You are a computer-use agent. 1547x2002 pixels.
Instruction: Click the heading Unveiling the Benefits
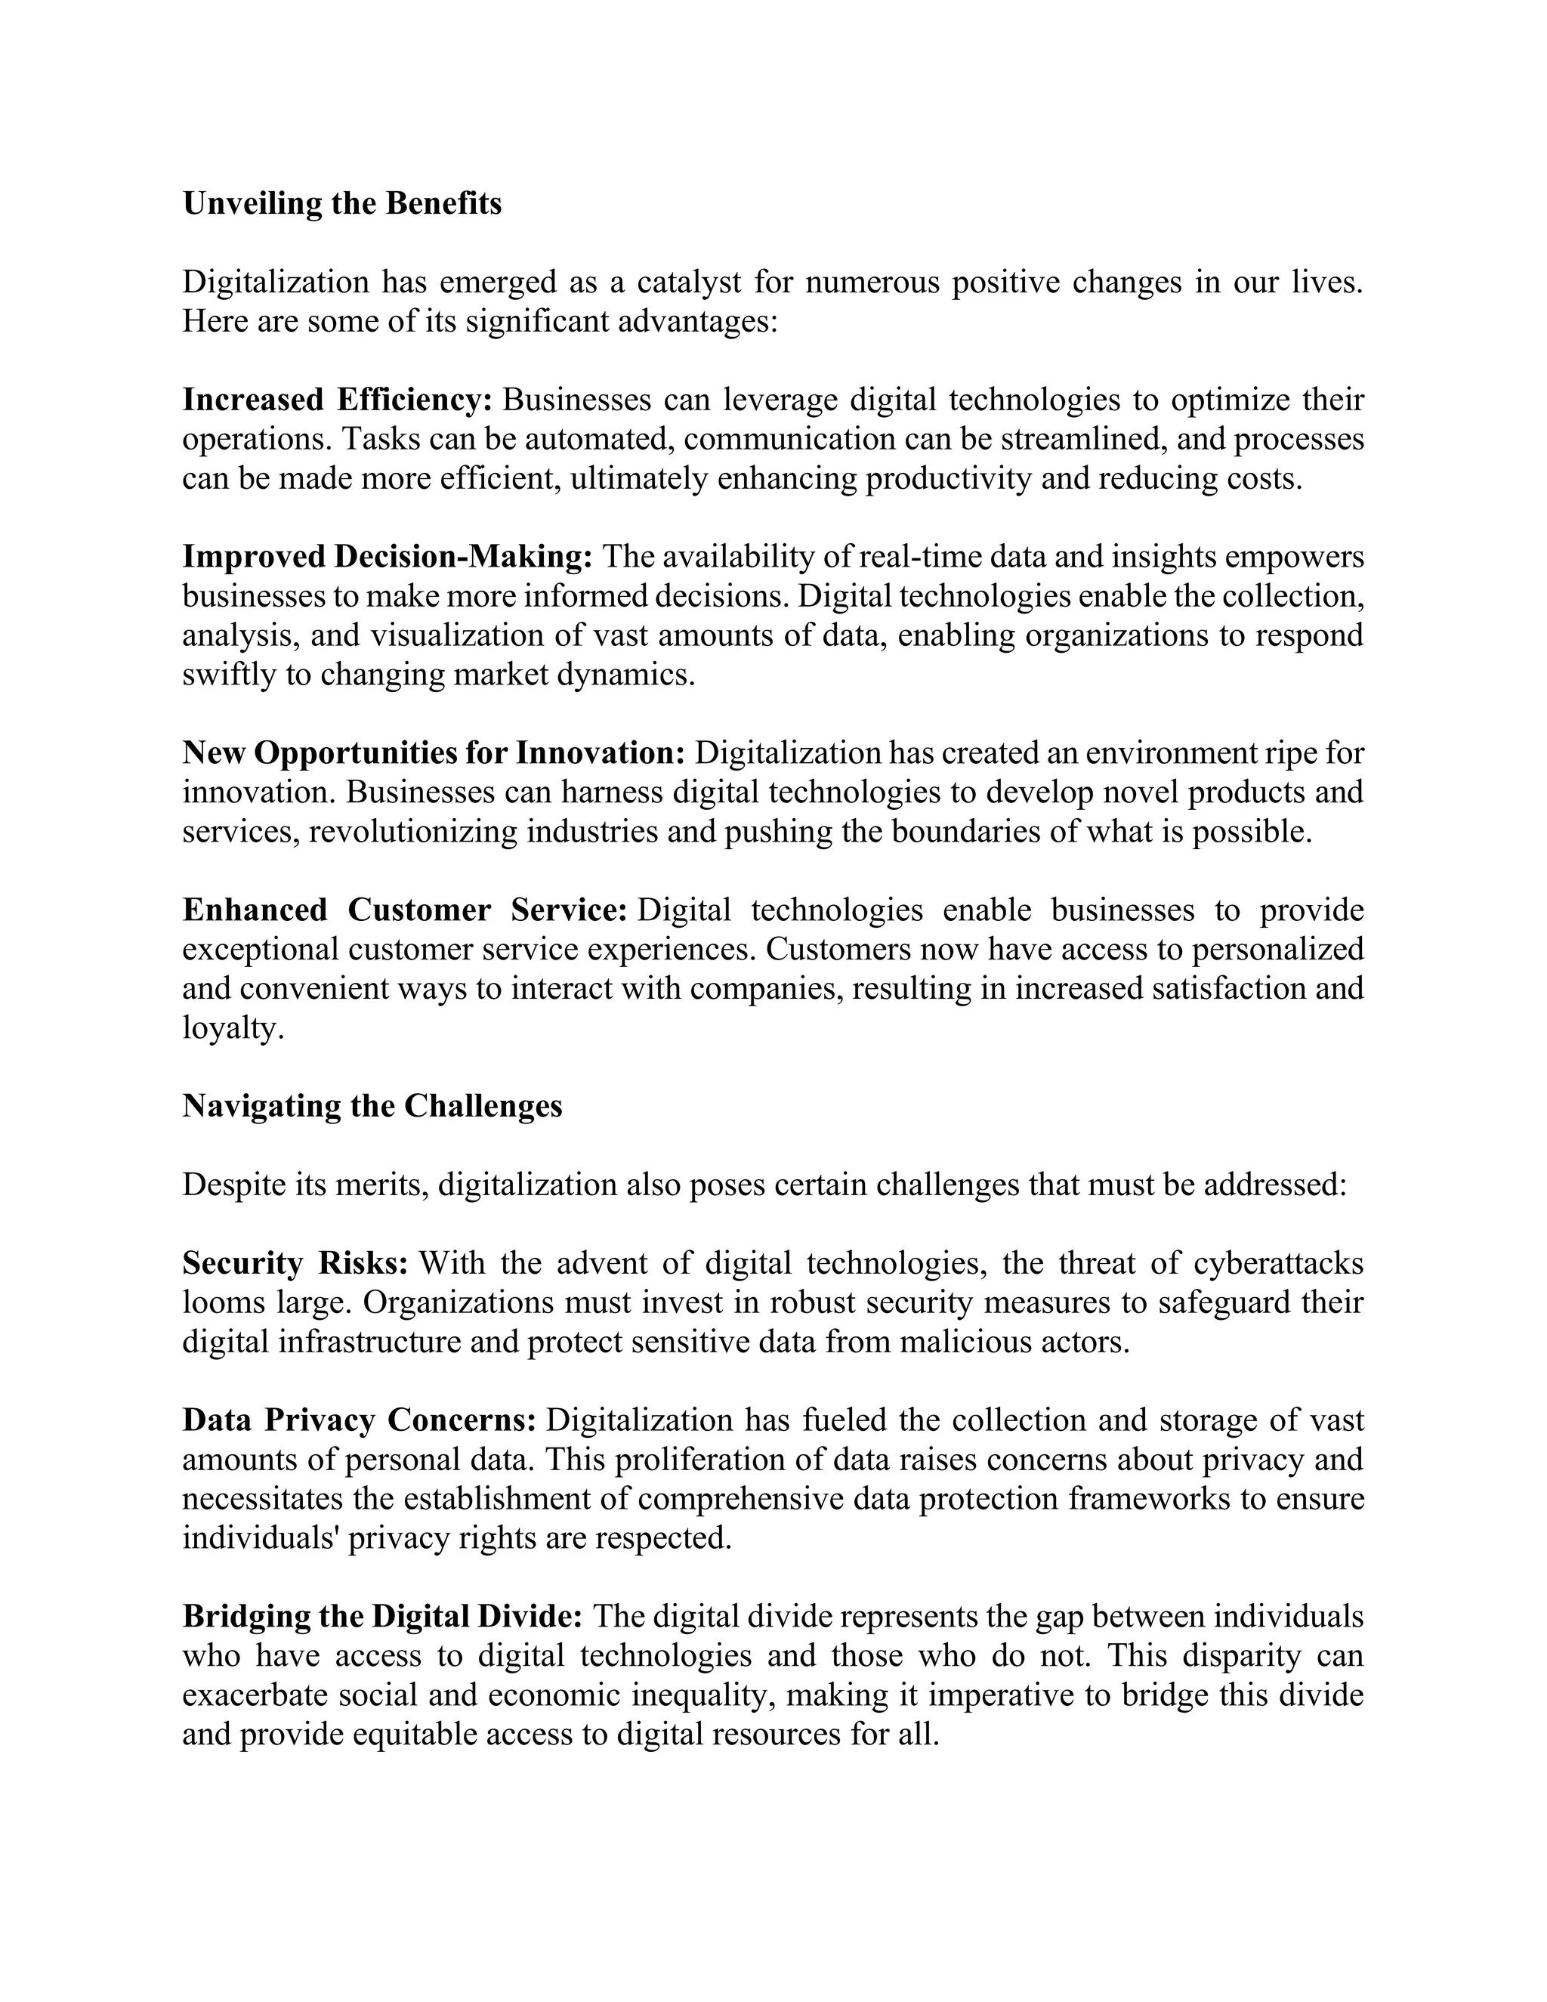click(342, 203)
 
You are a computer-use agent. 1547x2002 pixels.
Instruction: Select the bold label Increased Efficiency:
click(337, 400)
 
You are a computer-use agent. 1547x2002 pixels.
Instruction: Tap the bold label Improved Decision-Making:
click(388, 557)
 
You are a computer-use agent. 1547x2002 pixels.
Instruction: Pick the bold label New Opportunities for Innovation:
click(434, 752)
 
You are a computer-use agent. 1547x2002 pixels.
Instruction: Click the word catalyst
click(688, 282)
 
